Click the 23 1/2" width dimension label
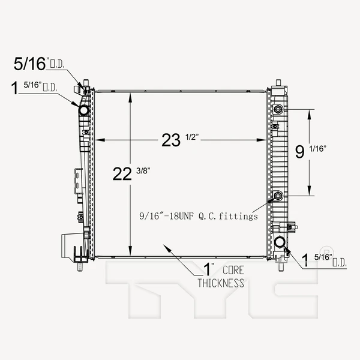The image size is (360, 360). pyautogui.click(x=179, y=140)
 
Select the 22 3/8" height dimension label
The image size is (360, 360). pyautogui.click(x=131, y=174)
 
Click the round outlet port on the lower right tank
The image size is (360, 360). pyautogui.click(x=280, y=242)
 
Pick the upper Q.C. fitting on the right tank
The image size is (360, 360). pyautogui.click(x=278, y=110)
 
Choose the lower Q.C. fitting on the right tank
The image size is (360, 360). pyautogui.click(x=278, y=196)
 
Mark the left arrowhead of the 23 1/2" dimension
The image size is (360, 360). pyautogui.click(x=101, y=140)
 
